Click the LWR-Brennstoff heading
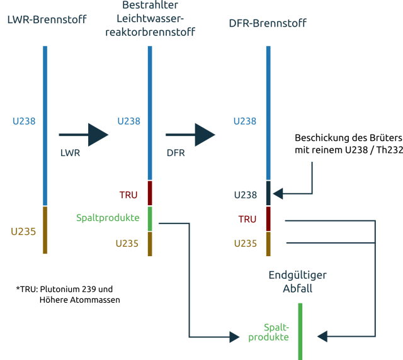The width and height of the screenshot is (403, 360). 47,20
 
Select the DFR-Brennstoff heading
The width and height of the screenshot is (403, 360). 268,24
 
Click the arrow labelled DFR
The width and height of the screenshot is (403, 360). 190,135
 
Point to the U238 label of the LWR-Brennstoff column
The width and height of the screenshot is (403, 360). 23,121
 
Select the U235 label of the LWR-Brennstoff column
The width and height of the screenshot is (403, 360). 23,231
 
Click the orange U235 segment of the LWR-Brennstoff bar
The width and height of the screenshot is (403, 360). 45,230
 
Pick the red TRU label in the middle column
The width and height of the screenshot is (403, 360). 128,194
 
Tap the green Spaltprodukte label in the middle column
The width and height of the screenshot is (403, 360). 108,218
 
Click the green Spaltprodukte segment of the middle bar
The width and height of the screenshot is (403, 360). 150,218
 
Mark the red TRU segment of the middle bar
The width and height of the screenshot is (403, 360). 150,193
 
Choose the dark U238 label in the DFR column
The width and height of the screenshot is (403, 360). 245,194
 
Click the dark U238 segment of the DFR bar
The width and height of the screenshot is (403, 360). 268,193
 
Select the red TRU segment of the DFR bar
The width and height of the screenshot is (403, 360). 268,218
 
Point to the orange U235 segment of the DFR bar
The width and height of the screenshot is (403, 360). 268,244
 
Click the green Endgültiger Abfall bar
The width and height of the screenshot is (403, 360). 300,331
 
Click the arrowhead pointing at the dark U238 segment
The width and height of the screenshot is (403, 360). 278,193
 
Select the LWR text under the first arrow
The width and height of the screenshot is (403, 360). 70,153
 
